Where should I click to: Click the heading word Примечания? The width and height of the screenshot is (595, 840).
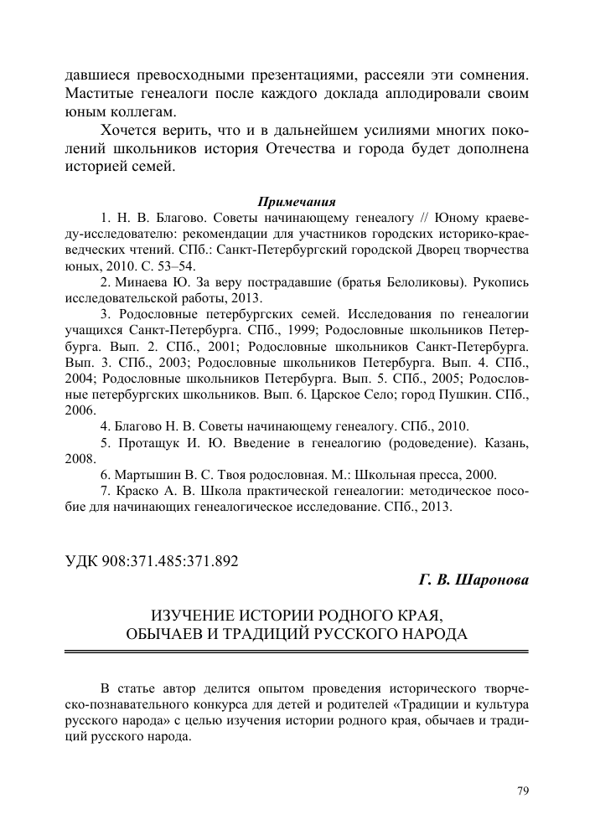tap(297, 202)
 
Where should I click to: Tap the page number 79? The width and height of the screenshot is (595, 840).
tap(522, 790)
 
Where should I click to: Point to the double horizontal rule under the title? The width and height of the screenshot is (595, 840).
tap(297, 651)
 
